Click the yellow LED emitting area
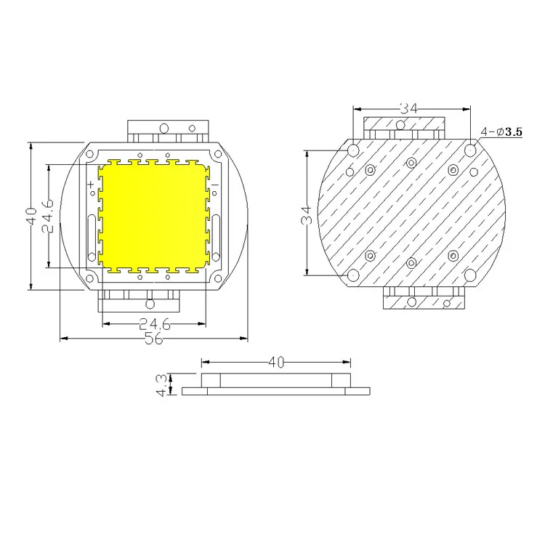(154, 217)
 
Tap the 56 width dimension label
(153, 339)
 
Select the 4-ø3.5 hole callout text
(501, 132)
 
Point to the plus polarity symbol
(90, 184)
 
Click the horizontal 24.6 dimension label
(155, 324)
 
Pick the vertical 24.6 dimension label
(48, 216)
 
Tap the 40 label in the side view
(276, 363)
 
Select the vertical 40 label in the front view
(31, 217)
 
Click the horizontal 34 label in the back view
(408, 109)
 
